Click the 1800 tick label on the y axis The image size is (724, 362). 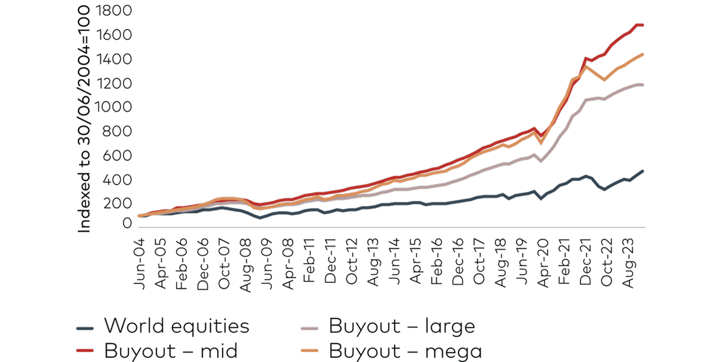[115, 11]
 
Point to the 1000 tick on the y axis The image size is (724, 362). [115, 107]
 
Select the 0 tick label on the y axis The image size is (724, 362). [127, 224]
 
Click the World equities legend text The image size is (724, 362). [176, 326]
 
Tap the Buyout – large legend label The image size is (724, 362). [402, 326]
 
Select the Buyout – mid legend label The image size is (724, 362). [171, 351]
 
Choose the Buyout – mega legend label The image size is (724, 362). [405, 351]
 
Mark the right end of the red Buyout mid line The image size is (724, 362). [644, 25]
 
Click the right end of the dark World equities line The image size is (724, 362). [644, 171]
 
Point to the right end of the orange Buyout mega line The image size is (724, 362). [644, 54]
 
